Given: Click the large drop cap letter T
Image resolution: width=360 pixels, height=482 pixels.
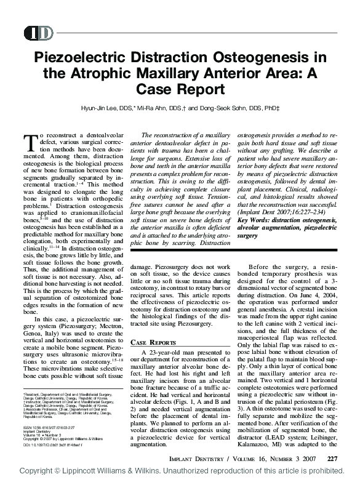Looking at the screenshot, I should coord(30,143).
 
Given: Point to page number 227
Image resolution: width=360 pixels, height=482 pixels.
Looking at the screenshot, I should coord(332,457).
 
